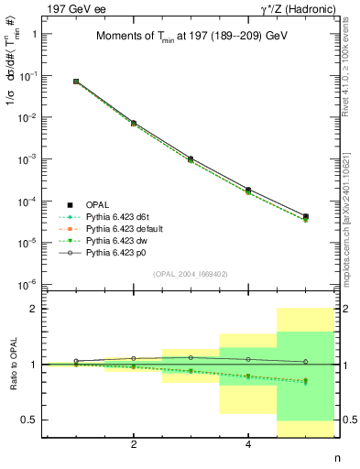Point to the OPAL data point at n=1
(76, 82)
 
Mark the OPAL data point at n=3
(191, 158)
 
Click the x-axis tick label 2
(134, 444)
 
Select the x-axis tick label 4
(248, 444)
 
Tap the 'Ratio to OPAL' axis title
(12, 364)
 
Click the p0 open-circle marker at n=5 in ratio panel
(305, 361)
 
